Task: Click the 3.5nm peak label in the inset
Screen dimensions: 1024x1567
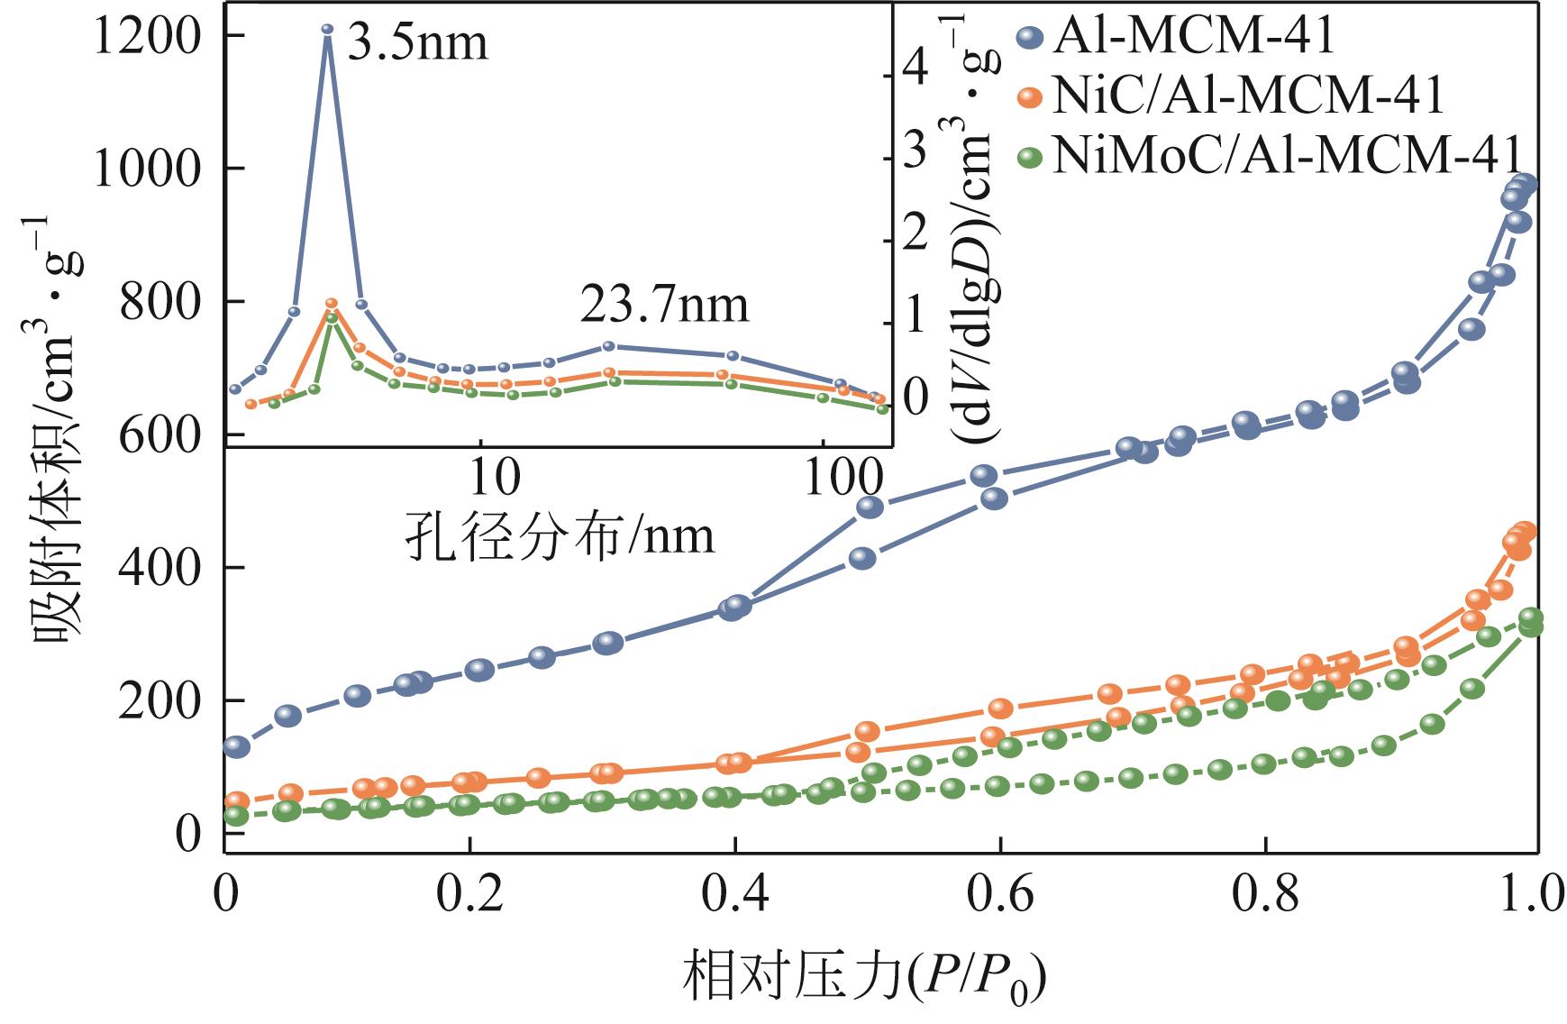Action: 417,43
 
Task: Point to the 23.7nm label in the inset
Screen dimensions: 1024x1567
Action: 664,306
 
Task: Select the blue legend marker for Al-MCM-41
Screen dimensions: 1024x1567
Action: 1029,37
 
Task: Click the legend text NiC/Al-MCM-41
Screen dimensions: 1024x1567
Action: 1248,96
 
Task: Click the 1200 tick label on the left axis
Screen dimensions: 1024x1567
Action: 148,37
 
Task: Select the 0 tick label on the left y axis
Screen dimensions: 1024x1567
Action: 188,834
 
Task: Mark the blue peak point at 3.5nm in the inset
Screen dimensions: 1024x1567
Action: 327,30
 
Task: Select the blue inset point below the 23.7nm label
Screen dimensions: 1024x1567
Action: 608,346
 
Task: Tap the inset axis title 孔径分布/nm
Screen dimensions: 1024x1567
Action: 560,535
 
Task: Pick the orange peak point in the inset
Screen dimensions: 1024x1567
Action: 331,304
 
